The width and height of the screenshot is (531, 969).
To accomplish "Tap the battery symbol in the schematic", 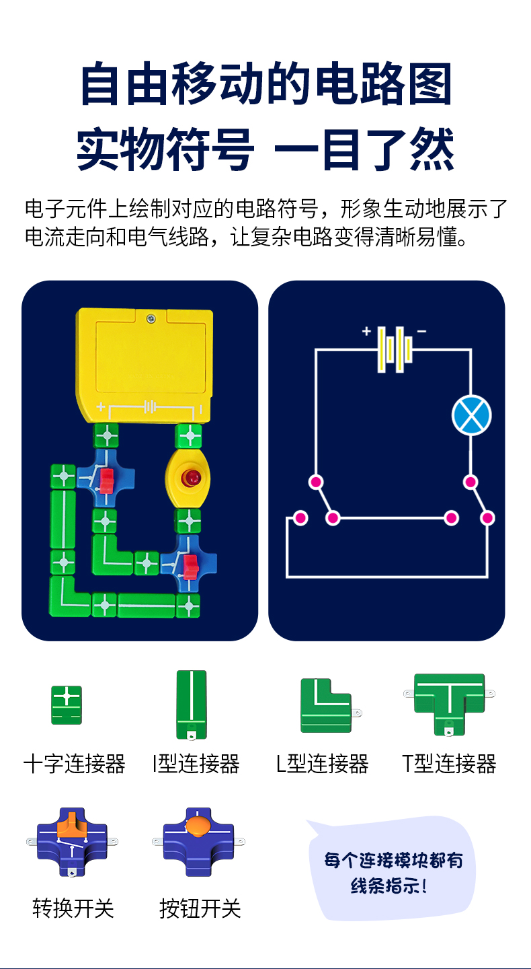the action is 394,349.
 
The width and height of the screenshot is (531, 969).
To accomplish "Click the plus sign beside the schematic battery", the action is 366,331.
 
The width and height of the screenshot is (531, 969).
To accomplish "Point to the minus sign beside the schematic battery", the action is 421,331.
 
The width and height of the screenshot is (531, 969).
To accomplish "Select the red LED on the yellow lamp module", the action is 191,478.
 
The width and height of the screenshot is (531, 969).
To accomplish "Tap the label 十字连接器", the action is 75,764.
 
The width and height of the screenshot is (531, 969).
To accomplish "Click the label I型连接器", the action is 196,764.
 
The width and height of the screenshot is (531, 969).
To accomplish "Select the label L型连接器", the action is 323,764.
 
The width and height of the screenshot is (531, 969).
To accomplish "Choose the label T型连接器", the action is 449,764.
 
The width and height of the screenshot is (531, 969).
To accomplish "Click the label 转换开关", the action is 73,908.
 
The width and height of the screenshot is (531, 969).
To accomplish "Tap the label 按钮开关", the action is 200,908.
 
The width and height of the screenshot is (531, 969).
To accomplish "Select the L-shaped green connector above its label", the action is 326,705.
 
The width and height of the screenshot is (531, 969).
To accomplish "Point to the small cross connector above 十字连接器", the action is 67,705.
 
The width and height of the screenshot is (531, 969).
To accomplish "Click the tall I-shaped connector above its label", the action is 191,704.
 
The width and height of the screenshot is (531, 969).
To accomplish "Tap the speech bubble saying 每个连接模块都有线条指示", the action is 393,872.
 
